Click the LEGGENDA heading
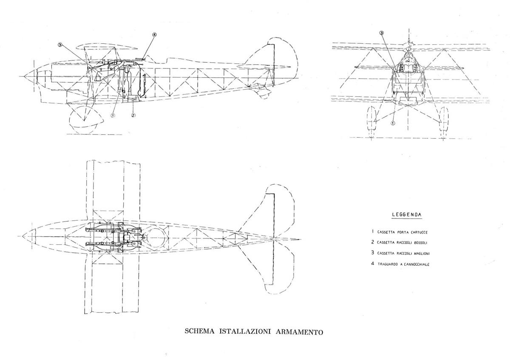point(407,215)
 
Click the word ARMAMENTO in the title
point(299,332)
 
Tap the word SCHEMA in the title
point(199,331)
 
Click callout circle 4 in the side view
point(155,35)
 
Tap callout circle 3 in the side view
point(60,45)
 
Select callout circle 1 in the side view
point(113,115)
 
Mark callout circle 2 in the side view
point(133,115)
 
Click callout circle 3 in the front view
point(382,33)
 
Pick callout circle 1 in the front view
point(393,123)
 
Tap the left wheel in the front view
point(371,119)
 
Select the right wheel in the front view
point(444,119)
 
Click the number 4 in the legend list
point(372,264)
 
